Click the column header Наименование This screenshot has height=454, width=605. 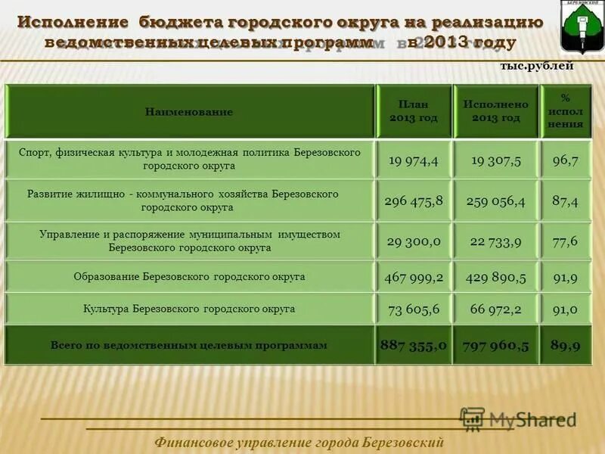(x=189, y=112)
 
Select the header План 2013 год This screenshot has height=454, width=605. (x=414, y=111)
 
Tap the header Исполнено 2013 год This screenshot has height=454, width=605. (x=496, y=111)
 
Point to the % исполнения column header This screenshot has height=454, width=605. (x=566, y=111)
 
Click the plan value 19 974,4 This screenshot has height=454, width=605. (x=414, y=160)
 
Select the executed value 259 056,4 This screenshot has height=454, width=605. (x=496, y=201)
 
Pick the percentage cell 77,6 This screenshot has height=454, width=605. (x=566, y=241)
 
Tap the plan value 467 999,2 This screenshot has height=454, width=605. (x=414, y=278)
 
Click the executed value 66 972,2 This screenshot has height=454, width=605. (x=496, y=309)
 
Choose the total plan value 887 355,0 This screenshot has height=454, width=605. (x=414, y=345)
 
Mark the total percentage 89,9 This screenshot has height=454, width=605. (x=566, y=345)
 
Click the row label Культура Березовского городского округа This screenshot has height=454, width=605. (x=189, y=309)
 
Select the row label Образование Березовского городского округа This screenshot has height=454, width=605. (x=189, y=277)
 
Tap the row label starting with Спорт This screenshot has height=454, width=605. (x=189, y=159)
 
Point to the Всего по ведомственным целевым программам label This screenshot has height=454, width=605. (x=189, y=345)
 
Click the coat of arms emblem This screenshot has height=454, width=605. (x=582, y=26)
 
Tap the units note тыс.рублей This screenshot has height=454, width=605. (x=537, y=66)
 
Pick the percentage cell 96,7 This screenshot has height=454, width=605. (x=566, y=160)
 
